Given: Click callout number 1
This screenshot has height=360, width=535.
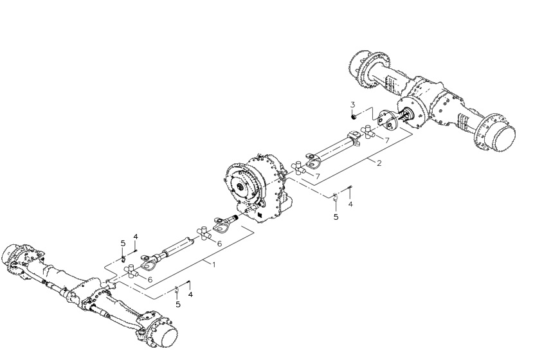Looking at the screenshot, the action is coord(214,264).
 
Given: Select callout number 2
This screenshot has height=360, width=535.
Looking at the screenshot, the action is coord(379,163).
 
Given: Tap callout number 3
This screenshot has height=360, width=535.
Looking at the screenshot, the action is coord(353,104).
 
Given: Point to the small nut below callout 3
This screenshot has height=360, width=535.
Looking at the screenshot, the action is coord(354,117).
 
